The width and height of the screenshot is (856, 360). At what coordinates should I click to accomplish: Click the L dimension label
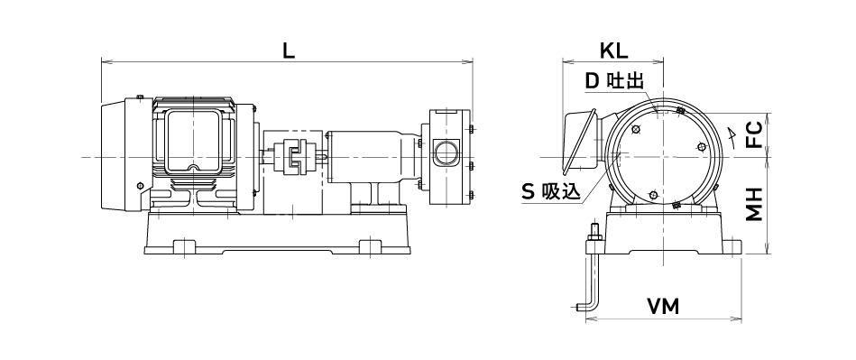point(289,51)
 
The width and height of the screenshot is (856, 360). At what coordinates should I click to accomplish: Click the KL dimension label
point(614,51)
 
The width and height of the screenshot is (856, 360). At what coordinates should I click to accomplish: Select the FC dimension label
point(754,135)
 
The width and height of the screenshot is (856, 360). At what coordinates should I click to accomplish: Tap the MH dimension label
point(754,204)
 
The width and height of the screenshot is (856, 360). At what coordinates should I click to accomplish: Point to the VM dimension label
point(663,307)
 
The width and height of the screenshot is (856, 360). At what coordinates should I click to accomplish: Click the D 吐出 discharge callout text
point(614,81)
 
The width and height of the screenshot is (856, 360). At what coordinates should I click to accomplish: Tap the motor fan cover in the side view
point(114,156)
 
